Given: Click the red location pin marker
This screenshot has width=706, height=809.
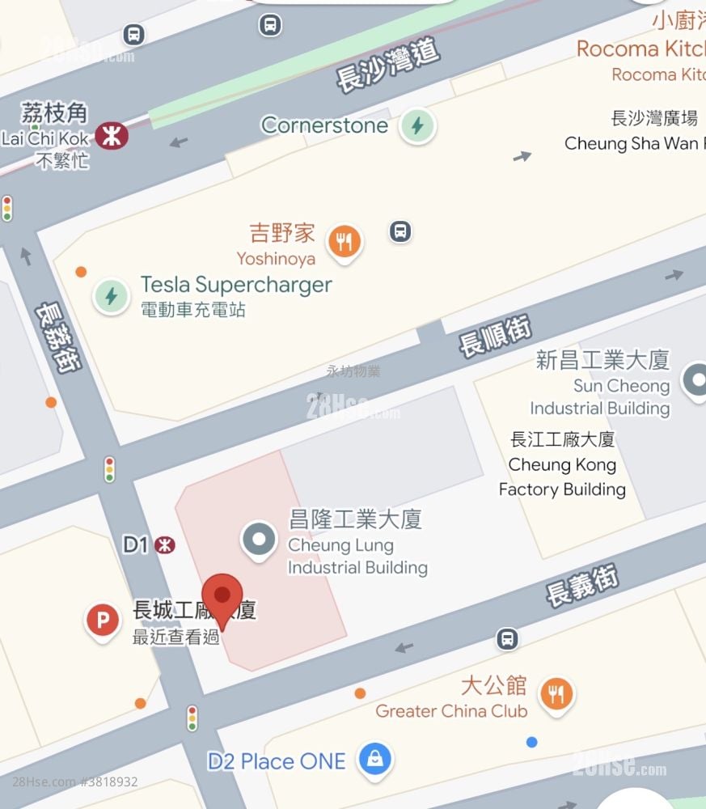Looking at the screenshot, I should pyautogui.click(x=222, y=596).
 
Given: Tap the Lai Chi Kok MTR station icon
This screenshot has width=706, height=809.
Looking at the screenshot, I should pyautogui.click(x=112, y=136).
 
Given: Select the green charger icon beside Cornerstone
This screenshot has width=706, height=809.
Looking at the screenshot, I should pyautogui.click(x=417, y=126).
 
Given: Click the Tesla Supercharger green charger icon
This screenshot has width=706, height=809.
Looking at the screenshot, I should pyautogui.click(x=111, y=296).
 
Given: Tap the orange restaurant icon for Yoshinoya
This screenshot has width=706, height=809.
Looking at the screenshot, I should pyautogui.click(x=345, y=241).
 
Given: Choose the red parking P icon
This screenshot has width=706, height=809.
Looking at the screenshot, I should pyautogui.click(x=103, y=621).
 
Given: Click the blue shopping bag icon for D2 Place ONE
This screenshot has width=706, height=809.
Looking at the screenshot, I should pyautogui.click(x=375, y=760).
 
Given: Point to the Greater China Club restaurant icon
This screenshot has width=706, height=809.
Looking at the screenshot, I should pyautogui.click(x=556, y=694).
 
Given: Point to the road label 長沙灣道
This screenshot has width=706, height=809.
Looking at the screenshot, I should pyautogui.click(x=387, y=65).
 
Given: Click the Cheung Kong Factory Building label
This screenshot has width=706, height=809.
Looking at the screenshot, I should pyautogui.click(x=562, y=464).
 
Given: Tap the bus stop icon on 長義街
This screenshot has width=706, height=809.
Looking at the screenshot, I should pyautogui.click(x=507, y=639).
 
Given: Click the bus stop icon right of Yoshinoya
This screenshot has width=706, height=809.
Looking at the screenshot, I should pyautogui.click(x=400, y=231).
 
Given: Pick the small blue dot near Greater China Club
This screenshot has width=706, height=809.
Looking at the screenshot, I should pyautogui.click(x=531, y=742).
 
